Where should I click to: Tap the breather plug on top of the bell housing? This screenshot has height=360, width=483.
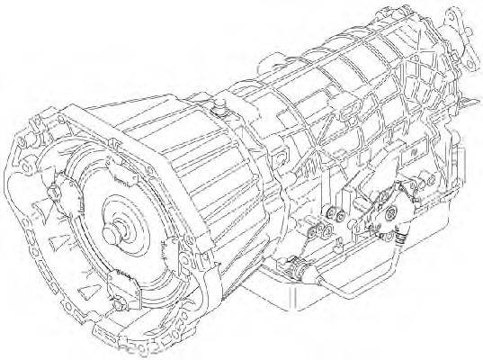219,112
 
